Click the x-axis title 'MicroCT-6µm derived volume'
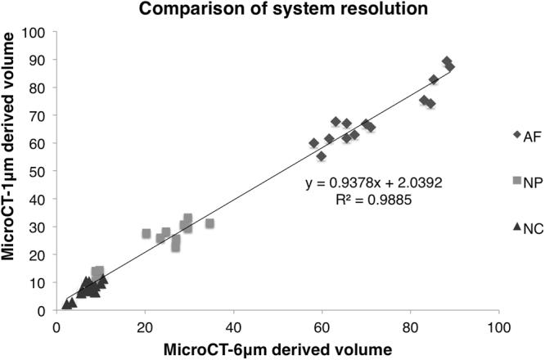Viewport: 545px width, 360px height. pyautogui.click(x=278, y=349)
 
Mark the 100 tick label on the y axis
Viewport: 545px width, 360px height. pyautogui.click(x=34, y=33)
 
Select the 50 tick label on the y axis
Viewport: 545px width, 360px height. pyautogui.click(x=37, y=172)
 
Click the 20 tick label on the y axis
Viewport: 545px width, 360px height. pyautogui.click(x=37, y=255)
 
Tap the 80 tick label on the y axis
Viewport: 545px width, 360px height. pyautogui.click(x=37, y=88)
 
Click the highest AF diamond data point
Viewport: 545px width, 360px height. pyautogui.click(x=447, y=61)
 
